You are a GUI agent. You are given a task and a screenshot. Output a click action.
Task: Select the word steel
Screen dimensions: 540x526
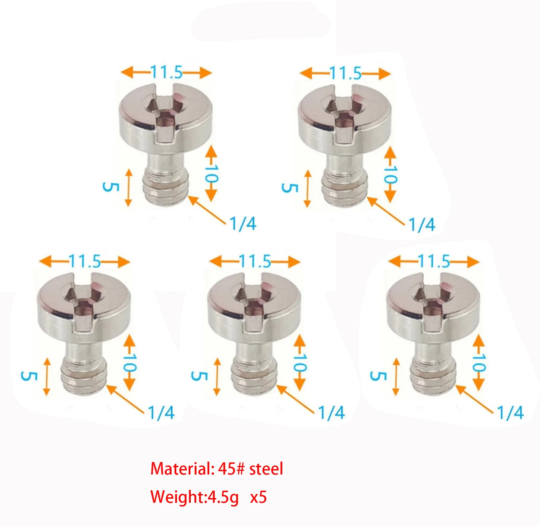click(x=266, y=468)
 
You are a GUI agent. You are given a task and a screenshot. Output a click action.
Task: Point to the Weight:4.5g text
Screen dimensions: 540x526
click(x=194, y=497)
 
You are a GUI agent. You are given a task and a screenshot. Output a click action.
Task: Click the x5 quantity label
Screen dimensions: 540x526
click(x=258, y=497)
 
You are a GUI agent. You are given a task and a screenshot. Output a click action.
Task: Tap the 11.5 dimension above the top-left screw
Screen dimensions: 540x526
click(x=166, y=72)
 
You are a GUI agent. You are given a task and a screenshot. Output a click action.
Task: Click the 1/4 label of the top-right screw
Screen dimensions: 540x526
click(x=422, y=224)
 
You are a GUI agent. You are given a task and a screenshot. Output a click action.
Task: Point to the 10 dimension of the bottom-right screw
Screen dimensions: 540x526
click(x=479, y=363)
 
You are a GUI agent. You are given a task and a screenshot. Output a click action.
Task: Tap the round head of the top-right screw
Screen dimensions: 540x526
click(x=345, y=116)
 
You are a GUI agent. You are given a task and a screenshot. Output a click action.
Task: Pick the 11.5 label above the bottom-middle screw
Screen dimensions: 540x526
click(x=255, y=261)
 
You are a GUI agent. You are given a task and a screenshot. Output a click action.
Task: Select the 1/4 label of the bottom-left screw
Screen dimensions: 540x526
click(x=161, y=413)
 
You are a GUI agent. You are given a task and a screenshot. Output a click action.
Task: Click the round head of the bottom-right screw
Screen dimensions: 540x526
click(x=433, y=305)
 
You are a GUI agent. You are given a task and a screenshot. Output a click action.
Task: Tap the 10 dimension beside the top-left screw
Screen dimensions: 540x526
click(x=212, y=174)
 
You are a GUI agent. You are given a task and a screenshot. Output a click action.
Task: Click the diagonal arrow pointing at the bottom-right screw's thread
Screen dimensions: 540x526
click(x=474, y=399)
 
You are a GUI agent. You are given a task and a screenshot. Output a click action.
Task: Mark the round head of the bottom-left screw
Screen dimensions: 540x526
click(x=84, y=305)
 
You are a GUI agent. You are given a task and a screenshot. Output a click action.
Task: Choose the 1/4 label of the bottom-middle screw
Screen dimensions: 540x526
click(x=331, y=413)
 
